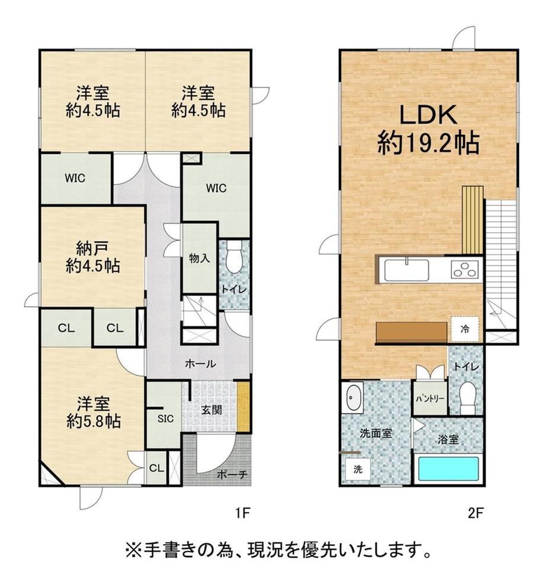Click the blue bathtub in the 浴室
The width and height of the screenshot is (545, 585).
tap(448, 468)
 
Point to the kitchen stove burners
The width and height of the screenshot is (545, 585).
tap(465, 269)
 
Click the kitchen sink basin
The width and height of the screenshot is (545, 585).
tap(406, 269)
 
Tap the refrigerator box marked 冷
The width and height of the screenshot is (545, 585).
tap(465, 329)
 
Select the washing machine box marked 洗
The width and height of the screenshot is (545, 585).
tap(358, 469)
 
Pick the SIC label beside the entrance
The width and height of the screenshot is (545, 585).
tap(165, 419)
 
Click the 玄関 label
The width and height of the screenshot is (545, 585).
tap(211, 410)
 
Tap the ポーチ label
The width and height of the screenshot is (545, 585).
tap(232, 474)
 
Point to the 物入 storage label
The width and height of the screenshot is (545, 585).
tap(199, 258)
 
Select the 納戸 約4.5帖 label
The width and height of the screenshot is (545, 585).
tap(93, 257)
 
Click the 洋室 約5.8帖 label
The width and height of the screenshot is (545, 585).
tap(94, 412)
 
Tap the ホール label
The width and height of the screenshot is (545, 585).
tap(200, 364)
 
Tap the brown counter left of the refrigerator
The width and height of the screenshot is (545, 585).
tap(411, 332)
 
